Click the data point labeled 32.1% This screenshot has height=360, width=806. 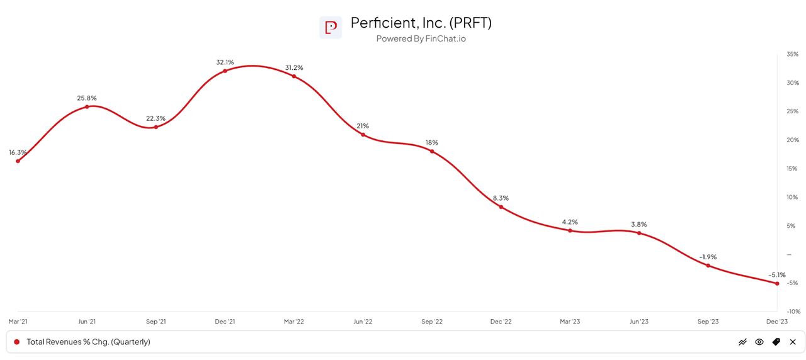point(225,70)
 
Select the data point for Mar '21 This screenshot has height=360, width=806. point(18,161)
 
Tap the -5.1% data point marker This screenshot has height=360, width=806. point(777,283)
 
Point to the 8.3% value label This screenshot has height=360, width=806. point(501,198)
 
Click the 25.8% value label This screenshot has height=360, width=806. point(87,98)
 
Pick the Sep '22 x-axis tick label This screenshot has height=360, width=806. point(431,322)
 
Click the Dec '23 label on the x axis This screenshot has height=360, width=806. point(777,322)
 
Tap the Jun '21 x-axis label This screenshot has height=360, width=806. point(87,322)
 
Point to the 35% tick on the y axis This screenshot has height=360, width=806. point(792,55)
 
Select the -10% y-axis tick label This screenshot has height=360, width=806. point(792,312)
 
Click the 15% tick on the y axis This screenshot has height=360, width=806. point(792,169)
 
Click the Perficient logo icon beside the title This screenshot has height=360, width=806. point(331,28)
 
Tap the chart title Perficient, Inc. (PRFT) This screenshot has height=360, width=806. point(421,23)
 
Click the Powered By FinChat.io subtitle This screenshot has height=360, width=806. point(421,39)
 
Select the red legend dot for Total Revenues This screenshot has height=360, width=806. point(17,342)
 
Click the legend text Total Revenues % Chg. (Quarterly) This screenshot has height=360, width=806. point(88,342)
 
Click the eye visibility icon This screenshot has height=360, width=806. point(759,342)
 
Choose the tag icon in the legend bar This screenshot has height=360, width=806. point(776,342)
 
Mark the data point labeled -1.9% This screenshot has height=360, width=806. point(708,266)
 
